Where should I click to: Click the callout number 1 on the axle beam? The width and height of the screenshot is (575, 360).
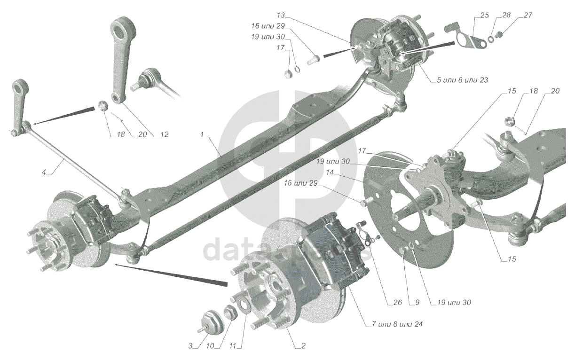pos(202,134)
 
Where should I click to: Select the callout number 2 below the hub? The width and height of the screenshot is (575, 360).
pos(303,346)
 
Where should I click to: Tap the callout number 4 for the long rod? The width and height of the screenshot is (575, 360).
pos(44,173)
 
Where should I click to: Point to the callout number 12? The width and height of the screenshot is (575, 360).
pos(164,134)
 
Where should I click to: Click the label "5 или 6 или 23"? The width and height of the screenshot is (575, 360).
pos(462,80)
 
